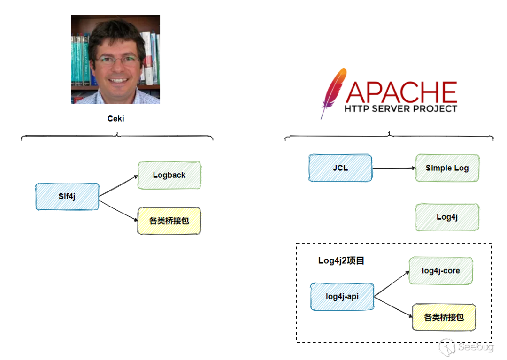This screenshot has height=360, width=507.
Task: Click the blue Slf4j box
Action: coord(67,197)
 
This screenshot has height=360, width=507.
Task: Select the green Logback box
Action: coord(169,175)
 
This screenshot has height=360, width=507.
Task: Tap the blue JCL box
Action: coord(340,168)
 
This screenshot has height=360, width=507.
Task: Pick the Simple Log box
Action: coord(447,168)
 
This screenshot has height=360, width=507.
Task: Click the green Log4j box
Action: coord(447,217)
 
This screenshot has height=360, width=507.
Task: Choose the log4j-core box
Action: coord(440,271)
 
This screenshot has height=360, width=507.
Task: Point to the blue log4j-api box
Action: coord(342,297)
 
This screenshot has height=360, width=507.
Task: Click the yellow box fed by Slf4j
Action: coord(169,221)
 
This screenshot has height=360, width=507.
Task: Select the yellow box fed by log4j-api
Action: coord(444,317)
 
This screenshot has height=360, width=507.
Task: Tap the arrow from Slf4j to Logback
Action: coord(118,186)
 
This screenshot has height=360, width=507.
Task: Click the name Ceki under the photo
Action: coord(115,119)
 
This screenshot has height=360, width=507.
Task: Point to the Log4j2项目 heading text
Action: coord(341,260)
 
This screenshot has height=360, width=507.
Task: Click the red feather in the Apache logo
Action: coord(332,92)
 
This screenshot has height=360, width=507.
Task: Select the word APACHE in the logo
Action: coord(401,92)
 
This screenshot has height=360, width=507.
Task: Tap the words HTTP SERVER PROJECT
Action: coord(401,109)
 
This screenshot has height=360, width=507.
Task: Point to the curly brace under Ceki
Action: coord(116,137)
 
